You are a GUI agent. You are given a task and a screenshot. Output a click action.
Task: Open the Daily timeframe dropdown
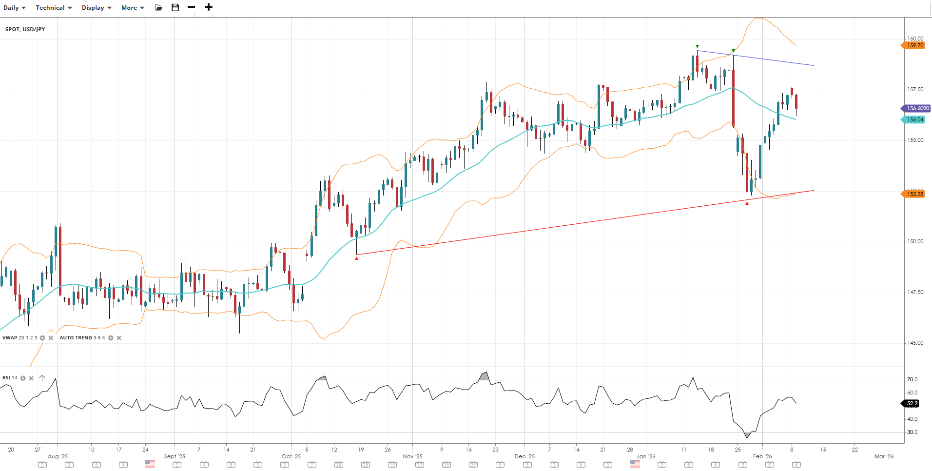[x=14, y=8]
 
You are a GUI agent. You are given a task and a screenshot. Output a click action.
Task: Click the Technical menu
[x=54, y=8]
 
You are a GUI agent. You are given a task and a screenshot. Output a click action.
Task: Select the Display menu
[x=97, y=8]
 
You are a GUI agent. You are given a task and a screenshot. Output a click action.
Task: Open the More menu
[x=133, y=8]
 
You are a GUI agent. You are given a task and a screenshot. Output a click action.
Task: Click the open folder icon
[x=158, y=7]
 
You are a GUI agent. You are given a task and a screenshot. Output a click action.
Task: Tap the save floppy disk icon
[x=175, y=7]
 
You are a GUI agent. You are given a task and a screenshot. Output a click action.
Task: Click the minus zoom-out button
[x=192, y=7]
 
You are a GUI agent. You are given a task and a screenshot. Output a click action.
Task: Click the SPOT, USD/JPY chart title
[x=25, y=29]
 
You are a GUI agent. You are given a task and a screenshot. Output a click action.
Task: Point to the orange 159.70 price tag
[x=914, y=45]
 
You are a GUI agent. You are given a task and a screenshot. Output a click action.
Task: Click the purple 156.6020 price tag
[x=917, y=108]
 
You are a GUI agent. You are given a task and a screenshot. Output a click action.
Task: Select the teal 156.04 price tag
[x=914, y=119]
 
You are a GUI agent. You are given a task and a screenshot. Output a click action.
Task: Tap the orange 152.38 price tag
[x=914, y=194]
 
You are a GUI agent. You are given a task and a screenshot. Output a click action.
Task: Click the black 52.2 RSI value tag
[x=912, y=404]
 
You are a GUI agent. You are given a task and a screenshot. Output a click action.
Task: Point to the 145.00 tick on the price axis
[x=915, y=343]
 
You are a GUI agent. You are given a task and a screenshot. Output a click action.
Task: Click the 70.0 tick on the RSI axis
[x=912, y=379]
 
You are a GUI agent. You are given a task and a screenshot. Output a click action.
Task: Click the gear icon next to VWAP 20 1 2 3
[x=42, y=338]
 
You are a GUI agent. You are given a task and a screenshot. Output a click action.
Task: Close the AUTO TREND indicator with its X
[x=119, y=338]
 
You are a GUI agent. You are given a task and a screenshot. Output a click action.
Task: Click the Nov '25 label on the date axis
[x=412, y=456]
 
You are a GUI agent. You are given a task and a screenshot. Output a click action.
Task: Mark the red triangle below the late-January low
[x=747, y=203]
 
